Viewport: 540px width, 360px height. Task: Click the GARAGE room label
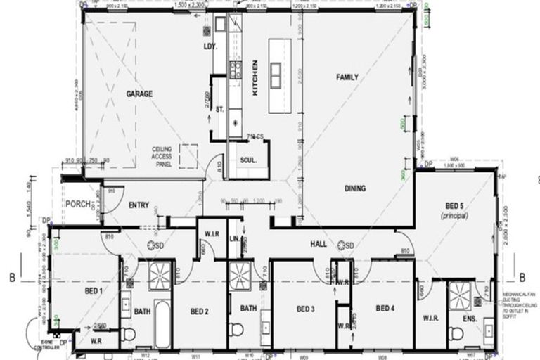click(x=139, y=94)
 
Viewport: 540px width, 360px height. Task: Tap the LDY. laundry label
click(x=209, y=47)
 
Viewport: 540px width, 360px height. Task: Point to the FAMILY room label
click(x=347, y=77)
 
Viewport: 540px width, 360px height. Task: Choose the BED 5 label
click(x=454, y=206)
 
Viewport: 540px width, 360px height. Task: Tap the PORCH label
click(x=75, y=205)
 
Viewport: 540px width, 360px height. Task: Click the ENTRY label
click(x=139, y=205)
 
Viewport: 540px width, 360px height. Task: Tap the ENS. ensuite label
click(x=470, y=319)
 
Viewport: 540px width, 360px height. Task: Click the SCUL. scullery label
click(x=248, y=160)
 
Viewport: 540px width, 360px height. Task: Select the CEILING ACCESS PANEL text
click(x=167, y=157)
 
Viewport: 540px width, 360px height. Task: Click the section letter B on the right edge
click(x=522, y=277)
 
